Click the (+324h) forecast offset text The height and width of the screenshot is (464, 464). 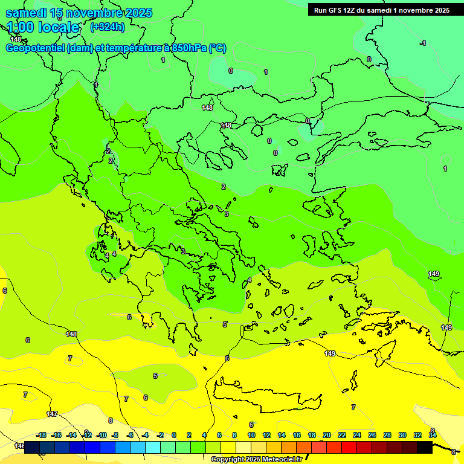pos(107,27)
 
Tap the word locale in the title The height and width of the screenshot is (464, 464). pos(59,27)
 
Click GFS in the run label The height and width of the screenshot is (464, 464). pos(335,10)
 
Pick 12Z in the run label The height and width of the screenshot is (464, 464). pos(350,10)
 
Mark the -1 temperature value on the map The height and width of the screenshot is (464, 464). pos(423,43)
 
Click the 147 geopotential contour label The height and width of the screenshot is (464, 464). pos(53,414)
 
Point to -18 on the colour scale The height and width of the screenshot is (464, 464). pos(41,435)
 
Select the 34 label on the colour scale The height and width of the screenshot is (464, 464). pos(433,435)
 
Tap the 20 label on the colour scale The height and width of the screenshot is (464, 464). pos(326,435)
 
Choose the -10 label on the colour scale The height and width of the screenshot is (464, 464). pos(101,435)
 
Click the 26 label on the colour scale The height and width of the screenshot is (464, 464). pos(372,435)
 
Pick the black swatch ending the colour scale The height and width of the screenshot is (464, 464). pos(425,448)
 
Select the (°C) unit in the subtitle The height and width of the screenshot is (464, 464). pos(217,48)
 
